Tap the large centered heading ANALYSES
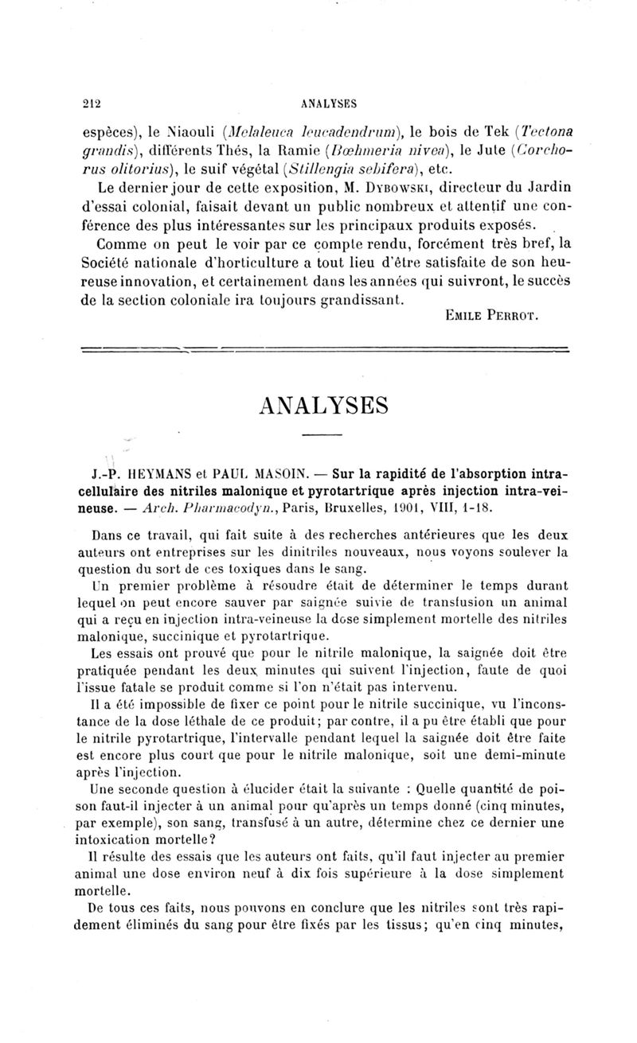tap(323, 405)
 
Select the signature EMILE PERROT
tap(492, 317)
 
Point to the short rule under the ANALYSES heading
tap(322, 434)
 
